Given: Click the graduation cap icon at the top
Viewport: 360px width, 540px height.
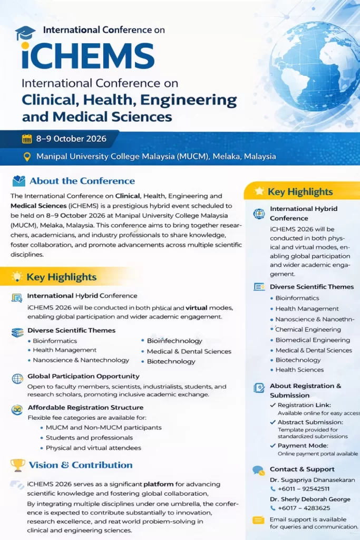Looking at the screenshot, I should [x=25, y=33].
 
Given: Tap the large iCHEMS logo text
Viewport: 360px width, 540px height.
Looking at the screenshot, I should [x=88, y=55].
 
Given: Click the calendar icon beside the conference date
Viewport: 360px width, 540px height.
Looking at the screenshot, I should [x=27, y=139].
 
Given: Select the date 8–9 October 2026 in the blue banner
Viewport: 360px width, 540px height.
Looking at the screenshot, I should [x=71, y=139].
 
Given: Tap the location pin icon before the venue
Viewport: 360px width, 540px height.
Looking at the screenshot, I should [x=27, y=157].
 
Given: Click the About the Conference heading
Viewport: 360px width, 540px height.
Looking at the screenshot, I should [x=82, y=181].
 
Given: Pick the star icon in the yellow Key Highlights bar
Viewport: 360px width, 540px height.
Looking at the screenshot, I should [x=259, y=191].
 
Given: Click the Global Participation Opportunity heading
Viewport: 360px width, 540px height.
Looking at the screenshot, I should [x=83, y=376].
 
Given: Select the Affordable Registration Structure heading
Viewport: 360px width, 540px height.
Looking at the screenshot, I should [x=85, y=407].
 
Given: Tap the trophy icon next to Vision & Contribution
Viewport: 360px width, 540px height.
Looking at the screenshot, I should [x=18, y=465].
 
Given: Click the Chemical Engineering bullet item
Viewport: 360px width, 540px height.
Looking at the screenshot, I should [x=308, y=330].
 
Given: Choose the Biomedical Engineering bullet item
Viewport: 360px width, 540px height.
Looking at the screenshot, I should [x=313, y=340].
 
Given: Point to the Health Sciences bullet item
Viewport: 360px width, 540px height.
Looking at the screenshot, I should [x=299, y=370].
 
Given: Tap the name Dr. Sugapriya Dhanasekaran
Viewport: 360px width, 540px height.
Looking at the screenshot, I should [x=312, y=480].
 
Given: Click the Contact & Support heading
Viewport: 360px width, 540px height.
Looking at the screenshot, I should [x=302, y=469].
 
